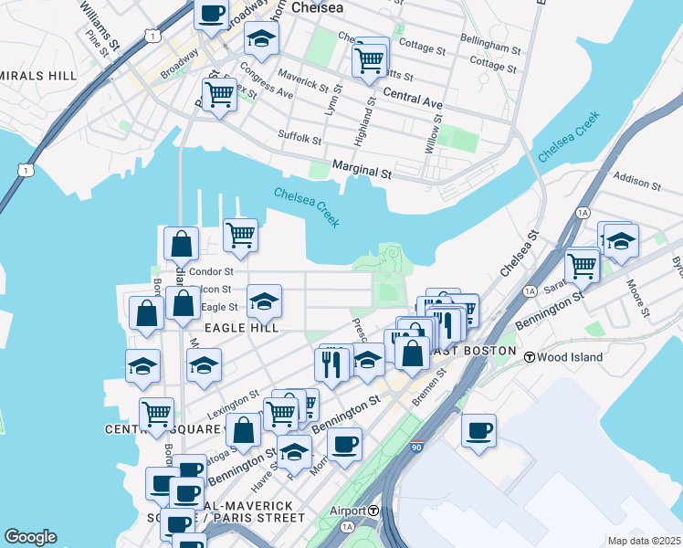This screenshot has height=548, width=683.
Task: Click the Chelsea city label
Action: click(317, 7)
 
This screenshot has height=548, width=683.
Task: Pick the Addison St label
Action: click(636, 183)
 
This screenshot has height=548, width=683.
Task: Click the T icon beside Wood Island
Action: click(529, 356)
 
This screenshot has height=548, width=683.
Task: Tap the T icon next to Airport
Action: click(374, 511)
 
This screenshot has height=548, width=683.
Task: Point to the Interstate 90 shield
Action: click(416, 447)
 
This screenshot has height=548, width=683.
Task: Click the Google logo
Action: click(30, 537)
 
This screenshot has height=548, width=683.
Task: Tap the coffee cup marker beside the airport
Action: click(478, 430)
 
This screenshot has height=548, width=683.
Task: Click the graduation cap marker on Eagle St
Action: click(263, 300)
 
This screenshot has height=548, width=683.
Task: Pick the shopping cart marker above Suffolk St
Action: click(219, 93)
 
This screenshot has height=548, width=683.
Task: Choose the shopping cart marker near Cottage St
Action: click(369, 60)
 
